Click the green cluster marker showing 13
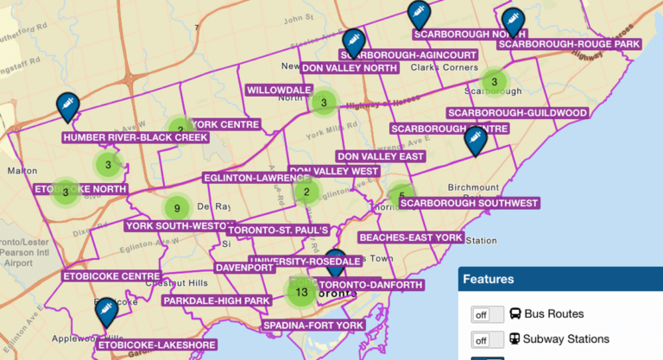301,292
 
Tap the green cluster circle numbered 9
176,208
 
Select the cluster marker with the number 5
401,196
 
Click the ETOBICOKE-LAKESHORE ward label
156,344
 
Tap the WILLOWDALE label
279,90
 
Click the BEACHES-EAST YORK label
411,237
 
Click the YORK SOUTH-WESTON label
180,226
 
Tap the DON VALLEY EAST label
381,156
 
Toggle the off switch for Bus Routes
487,314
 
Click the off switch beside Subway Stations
487,339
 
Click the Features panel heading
489,280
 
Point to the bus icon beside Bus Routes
516,314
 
